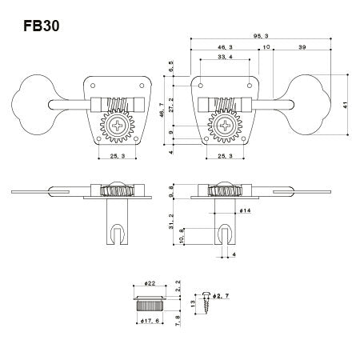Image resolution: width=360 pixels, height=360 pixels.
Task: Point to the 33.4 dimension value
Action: point(225,58)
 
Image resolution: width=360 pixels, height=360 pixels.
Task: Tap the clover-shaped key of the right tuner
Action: point(314,103)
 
